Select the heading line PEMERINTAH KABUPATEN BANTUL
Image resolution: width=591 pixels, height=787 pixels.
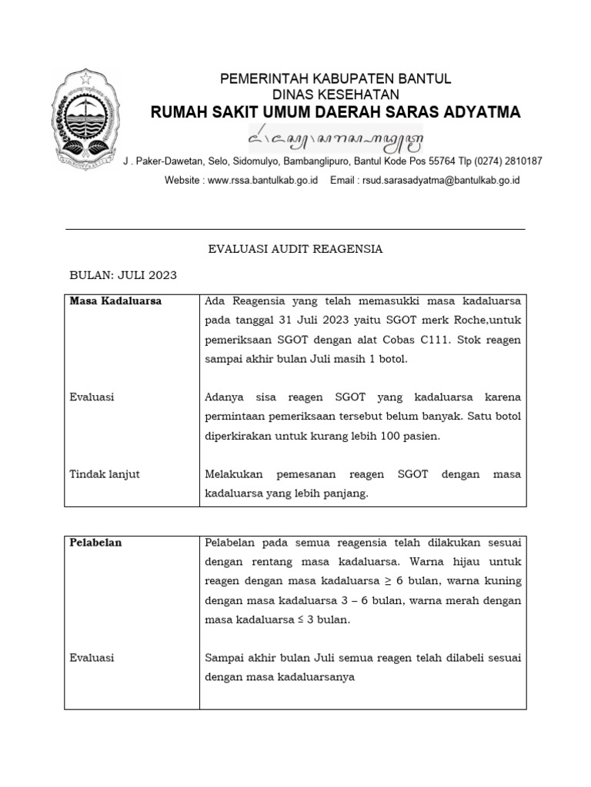(336, 79)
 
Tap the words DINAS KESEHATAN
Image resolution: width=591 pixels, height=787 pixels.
(336, 95)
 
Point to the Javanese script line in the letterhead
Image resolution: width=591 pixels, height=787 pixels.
(336, 141)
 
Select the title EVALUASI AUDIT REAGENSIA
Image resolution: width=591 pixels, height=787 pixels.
(295, 249)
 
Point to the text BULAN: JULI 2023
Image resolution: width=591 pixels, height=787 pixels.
(123, 274)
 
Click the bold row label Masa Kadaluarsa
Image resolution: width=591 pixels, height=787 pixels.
(116, 301)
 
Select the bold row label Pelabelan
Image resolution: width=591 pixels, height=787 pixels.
(95, 542)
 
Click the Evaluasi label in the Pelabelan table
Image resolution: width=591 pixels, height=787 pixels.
(92, 658)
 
